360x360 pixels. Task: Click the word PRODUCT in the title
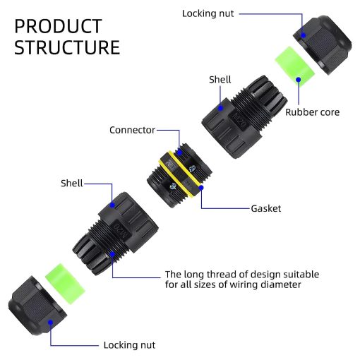(x=58, y=26)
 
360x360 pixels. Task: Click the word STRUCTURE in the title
(x=67, y=47)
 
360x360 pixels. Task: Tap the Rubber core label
(x=313, y=112)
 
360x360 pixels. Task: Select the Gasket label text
(x=266, y=208)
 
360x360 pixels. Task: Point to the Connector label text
(x=132, y=130)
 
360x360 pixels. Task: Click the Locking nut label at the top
(x=208, y=13)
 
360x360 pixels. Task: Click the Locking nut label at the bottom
(x=129, y=345)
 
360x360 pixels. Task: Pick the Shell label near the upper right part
(x=220, y=80)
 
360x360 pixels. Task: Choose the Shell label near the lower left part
(x=72, y=183)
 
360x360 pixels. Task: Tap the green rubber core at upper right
(x=294, y=66)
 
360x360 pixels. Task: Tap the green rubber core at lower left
(x=65, y=284)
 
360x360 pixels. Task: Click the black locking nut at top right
(x=323, y=44)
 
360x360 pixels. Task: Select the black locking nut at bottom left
(x=37, y=306)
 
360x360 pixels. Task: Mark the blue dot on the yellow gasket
(x=201, y=188)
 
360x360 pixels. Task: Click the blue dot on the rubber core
(x=299, y=80)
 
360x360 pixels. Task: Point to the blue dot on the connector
(x=179, y=152)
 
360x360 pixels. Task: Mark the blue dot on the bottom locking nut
(x=50, y=322)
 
